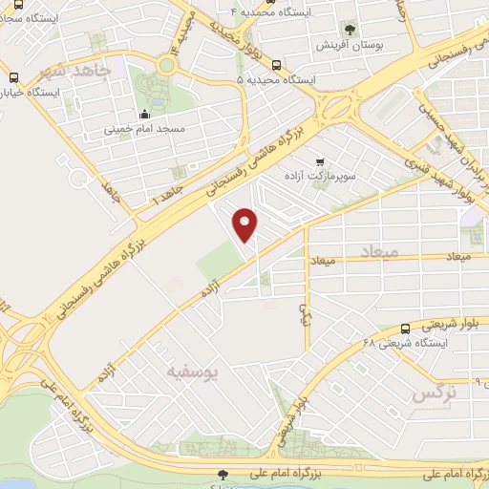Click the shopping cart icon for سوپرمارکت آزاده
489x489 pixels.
click(319, 162)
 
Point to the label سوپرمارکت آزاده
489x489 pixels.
click(319, 178)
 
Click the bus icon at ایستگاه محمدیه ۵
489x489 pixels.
click(275, 65)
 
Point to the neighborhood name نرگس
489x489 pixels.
click(434, 393)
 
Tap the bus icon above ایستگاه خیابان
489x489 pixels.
click(13, 77)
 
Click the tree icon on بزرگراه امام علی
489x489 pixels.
click(223, 474)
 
